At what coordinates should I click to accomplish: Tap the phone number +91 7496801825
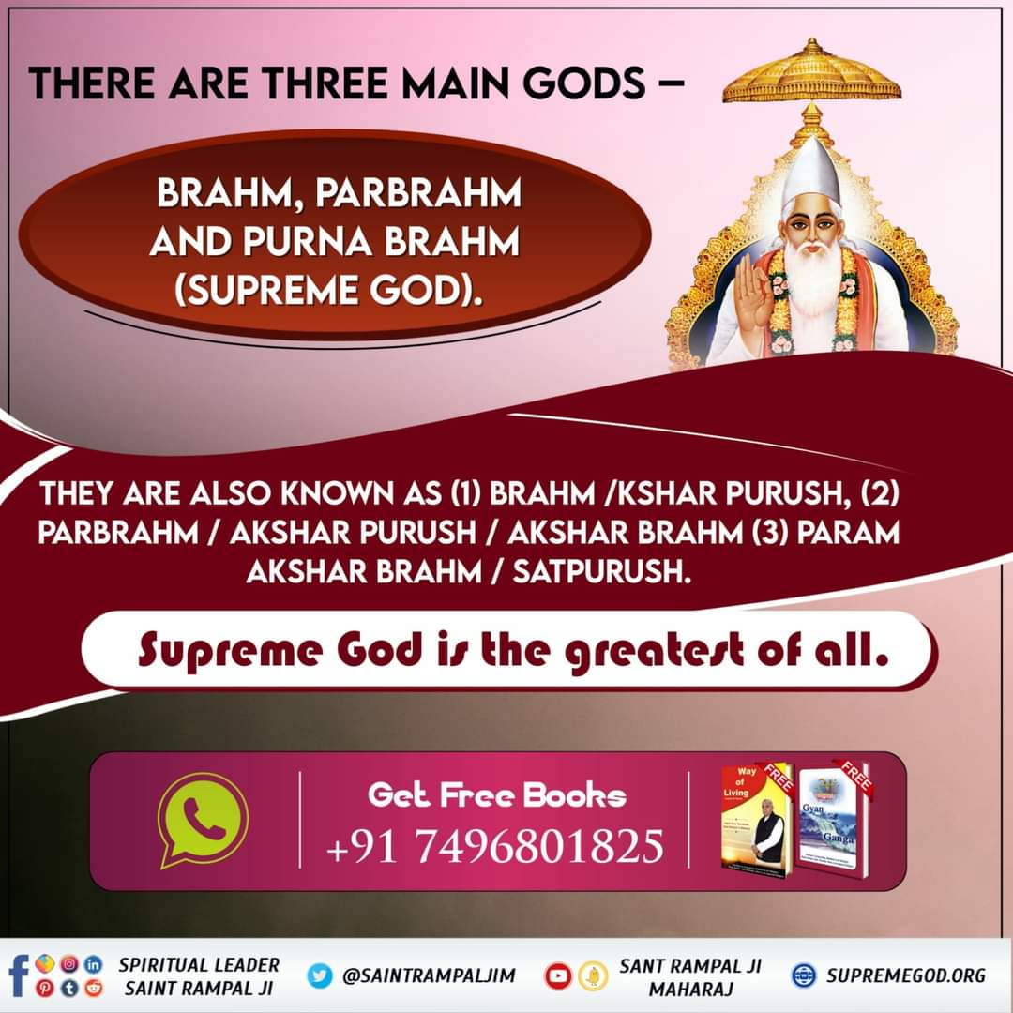point(494,845)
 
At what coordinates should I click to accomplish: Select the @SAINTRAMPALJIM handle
point(429,975)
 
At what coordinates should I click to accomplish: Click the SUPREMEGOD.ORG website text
point(906,975)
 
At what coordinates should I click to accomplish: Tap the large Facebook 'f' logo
point(17,975)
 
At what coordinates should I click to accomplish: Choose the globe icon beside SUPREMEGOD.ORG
point(804,975)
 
